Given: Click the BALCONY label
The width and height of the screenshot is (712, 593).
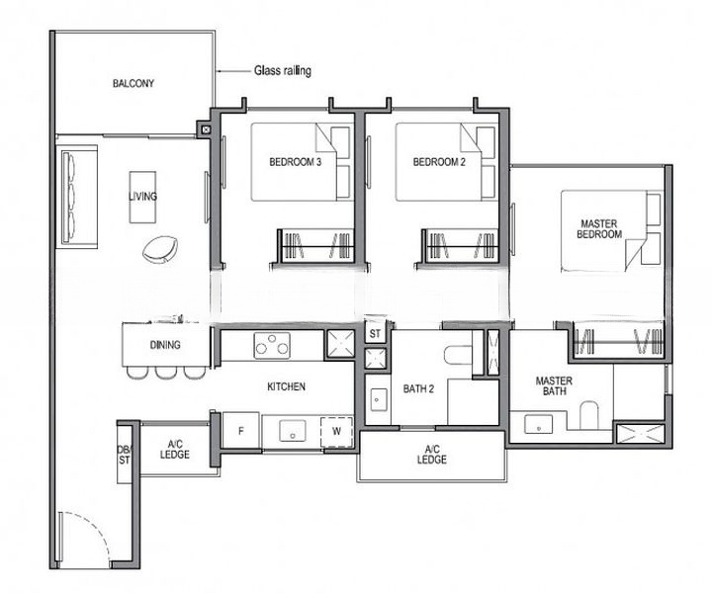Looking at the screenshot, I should (133, 84).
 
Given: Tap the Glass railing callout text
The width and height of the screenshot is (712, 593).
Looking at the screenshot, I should (284, 71).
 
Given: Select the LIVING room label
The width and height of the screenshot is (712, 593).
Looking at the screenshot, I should (142, 197).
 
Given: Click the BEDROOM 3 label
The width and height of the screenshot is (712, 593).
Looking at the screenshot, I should (295, 162).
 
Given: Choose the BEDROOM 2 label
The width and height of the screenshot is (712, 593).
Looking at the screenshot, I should (439, 162).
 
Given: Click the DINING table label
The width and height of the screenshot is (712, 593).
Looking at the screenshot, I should (164, 345).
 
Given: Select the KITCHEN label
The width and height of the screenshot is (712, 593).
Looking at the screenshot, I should (285, 386).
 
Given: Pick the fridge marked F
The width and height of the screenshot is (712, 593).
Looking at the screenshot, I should (240, 430).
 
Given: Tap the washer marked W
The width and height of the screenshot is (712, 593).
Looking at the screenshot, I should (336, 430).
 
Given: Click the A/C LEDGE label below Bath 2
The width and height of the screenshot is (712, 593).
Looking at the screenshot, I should (431, 455).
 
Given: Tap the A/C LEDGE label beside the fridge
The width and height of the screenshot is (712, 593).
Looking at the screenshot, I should (174, 448).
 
